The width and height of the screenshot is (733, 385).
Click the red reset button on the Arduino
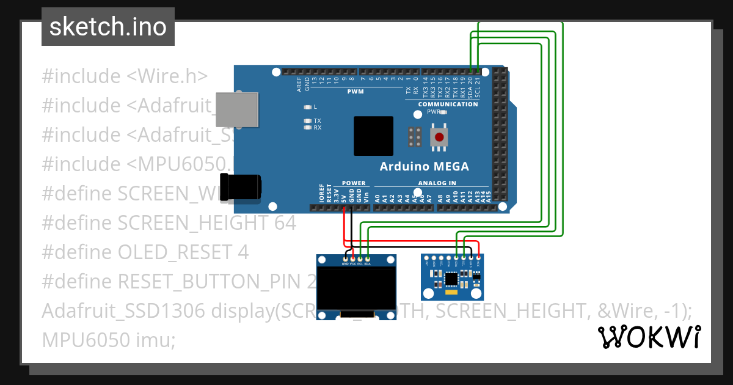coord(439,137)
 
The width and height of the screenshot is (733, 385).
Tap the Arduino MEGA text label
coord(424,166)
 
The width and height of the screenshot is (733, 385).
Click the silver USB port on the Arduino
coord(237,110)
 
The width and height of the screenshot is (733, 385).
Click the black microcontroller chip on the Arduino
coord(373,136)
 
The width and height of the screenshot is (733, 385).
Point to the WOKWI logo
coord(649,337)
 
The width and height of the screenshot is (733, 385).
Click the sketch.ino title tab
coord(108,27)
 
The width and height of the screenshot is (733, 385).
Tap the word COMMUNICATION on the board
coord(448,104)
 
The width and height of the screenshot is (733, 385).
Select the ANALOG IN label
coord(437,183)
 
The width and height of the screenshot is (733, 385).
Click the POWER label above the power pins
coord(354,183)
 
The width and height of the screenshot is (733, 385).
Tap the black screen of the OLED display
coord(356,289)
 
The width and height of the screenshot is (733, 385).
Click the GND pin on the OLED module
coord(346,259)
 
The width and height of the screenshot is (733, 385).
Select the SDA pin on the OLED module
coord(368,259)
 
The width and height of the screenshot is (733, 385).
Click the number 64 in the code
coord(285,223)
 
